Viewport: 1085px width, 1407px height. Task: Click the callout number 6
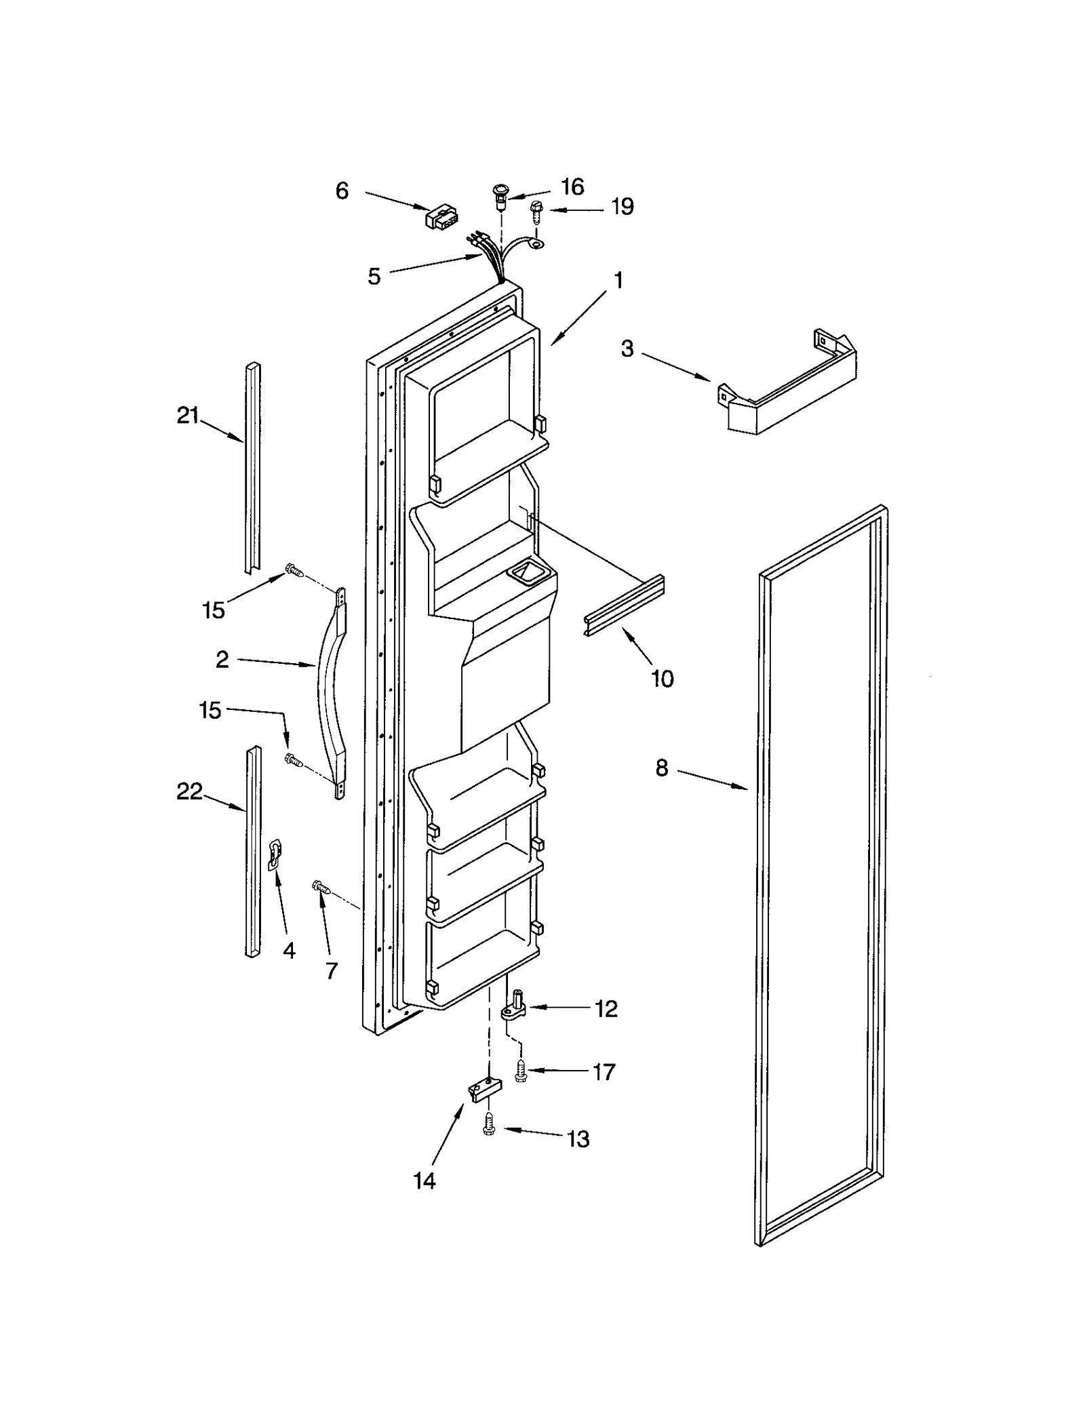(x=342, y=191)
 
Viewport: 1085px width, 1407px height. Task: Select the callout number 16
(x=572, y=186)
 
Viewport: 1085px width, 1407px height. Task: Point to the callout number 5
(x=374, y=276)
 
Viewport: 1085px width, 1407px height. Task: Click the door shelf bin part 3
(x=787, y=393)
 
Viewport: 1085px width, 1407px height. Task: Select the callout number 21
(x=187, y=415)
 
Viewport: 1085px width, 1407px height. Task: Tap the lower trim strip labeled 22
(x=252, y=851)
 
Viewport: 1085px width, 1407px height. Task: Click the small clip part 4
(x=275, y=852)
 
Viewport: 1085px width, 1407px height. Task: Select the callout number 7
(x=331, y=971)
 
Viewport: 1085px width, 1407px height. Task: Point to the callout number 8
(x=661, y=768)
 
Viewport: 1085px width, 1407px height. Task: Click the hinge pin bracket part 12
(x=515, y=1009)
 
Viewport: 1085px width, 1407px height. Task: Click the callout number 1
(x=618, y=279)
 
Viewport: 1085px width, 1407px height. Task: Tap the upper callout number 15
(x=213, y=610)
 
